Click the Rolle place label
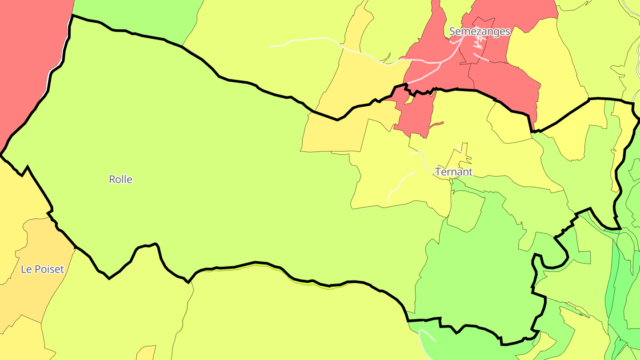click(x=120, y=180)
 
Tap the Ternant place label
click(x=454, y=172)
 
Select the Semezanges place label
click(x=480, y=32)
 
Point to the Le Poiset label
click(x=42, y=269)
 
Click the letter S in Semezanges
click(x=452, y=32)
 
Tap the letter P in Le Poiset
click(x=36, y=269)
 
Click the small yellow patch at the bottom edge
click(x=146, y=353)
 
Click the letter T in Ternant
click(x=439, y=172)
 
